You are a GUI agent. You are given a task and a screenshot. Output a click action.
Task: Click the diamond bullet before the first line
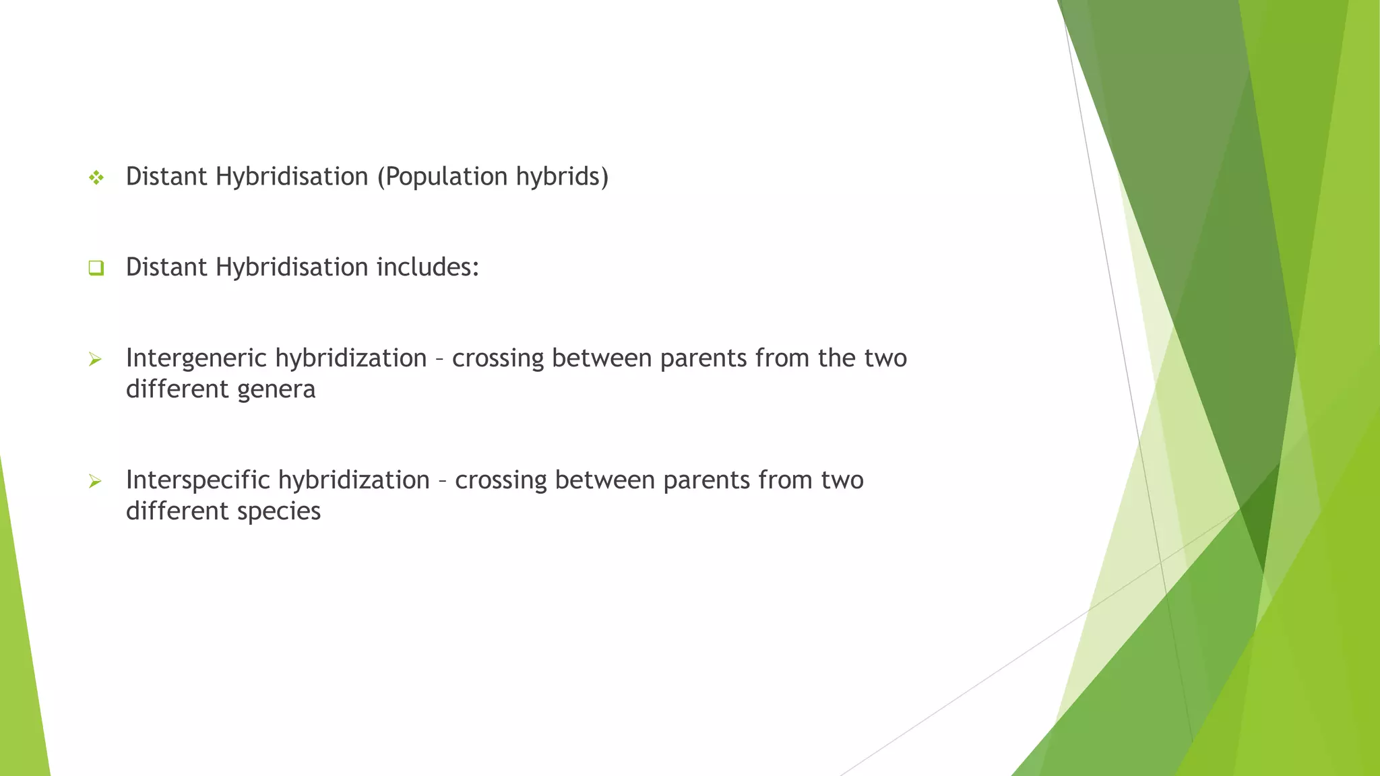point(96,178)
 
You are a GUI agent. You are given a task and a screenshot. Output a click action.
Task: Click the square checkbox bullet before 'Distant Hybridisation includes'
point(96,268)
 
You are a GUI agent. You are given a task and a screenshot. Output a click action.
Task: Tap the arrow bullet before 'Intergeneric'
point(95,360)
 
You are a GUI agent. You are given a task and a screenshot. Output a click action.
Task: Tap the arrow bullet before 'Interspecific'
point(95,482)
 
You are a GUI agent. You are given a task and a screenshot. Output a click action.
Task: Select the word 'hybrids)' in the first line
point(562,177)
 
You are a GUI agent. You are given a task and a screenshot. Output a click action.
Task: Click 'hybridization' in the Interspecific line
point(354,480)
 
